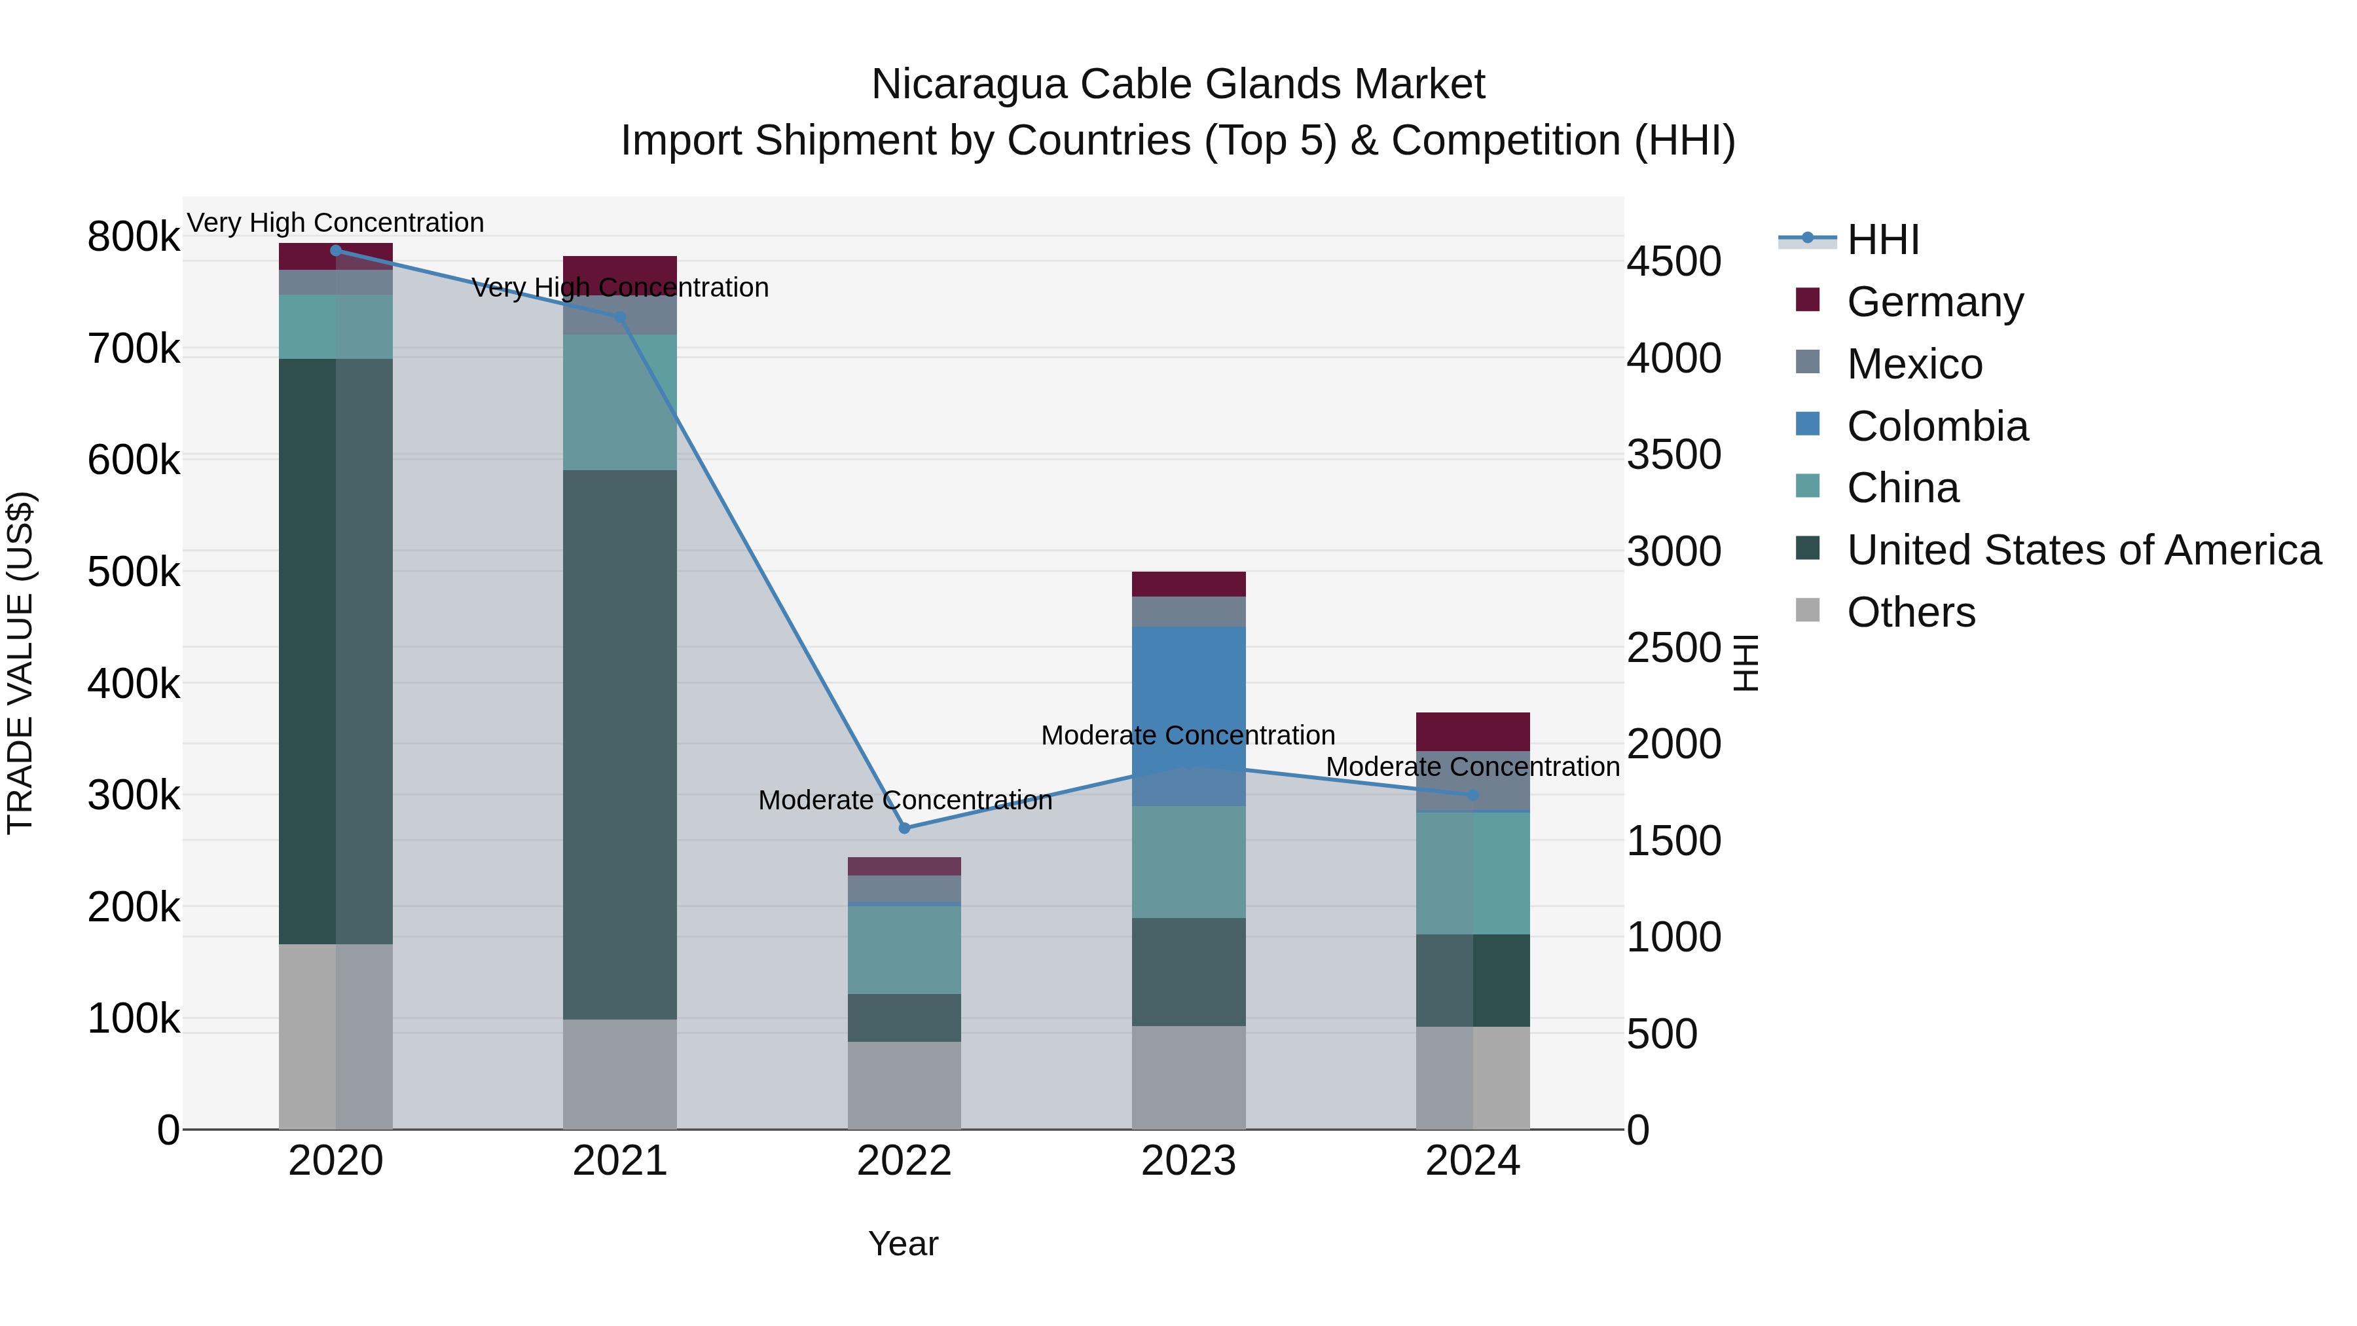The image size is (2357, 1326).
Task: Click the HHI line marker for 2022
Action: (904, 828)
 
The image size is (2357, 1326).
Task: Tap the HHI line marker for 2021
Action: (619, 318)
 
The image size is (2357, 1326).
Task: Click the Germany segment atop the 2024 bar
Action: (1472, 731)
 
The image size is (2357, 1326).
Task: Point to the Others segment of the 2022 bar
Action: (904, 1084)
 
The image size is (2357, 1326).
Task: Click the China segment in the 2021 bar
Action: (619, 403)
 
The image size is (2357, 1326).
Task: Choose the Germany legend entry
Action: (1934, 302)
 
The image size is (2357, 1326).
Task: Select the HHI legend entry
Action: (1882, 240)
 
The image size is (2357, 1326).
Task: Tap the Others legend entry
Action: (1910, 612)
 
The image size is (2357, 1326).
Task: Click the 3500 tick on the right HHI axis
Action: (1673, 455)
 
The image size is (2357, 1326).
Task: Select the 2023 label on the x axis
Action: (1188, 1161)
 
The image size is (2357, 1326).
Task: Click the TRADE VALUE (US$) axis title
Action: (21, 663)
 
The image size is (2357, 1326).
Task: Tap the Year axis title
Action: (903, 1243)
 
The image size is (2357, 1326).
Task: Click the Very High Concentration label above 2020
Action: (335, 223)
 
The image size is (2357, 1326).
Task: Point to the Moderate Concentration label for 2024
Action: (1472, 767)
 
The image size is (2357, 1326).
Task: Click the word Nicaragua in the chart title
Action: (969, 84)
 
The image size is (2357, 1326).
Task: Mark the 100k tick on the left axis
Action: (134, 1018)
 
